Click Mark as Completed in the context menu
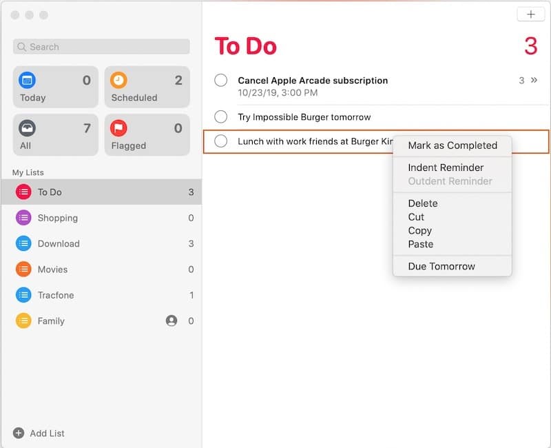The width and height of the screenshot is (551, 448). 452,145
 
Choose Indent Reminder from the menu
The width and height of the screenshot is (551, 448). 446,167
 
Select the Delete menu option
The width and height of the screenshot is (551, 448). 422,203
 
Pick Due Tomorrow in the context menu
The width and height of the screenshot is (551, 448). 441,266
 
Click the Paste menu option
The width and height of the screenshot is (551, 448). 420,244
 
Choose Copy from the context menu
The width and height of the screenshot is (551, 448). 419,230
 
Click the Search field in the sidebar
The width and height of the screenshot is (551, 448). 101,47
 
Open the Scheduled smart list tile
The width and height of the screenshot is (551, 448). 147,87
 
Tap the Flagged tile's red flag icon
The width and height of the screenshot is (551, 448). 119,128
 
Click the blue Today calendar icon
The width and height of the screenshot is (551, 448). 27,80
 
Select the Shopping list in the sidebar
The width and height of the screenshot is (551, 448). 58,218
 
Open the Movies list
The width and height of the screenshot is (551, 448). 52,269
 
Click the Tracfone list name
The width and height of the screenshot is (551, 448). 56,295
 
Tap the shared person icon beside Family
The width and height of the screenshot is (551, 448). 171,320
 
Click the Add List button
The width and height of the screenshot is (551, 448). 39,433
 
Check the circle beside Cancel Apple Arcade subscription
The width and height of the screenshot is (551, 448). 221,81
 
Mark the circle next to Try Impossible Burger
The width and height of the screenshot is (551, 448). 221,116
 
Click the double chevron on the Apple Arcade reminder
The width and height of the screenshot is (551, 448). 534,80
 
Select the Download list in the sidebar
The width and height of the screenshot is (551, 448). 59,243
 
